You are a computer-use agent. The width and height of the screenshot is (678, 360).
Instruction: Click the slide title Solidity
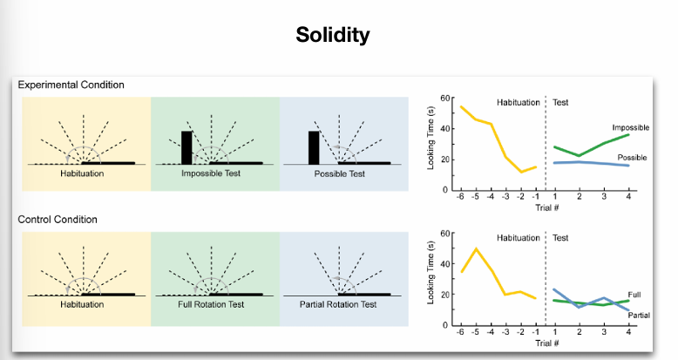333,36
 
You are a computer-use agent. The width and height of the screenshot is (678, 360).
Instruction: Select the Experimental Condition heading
71,85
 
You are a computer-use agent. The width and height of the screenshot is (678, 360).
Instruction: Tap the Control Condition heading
58,219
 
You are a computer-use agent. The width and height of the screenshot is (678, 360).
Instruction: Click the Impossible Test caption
214,174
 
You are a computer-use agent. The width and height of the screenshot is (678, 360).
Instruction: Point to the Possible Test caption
343,174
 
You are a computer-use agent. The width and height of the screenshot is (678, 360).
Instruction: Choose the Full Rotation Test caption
214,304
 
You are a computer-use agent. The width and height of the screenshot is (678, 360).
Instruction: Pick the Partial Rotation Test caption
343,304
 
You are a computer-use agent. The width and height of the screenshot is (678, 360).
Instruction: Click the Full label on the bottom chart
634,295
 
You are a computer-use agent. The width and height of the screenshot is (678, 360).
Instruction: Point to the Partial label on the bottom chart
639,314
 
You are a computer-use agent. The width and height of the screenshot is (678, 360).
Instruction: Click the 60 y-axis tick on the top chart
444,98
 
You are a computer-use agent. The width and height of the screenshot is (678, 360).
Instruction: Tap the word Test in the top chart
561,102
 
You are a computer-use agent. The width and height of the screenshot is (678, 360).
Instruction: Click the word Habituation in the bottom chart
518,237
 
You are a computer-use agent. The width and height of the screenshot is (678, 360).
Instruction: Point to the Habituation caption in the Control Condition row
82,304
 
